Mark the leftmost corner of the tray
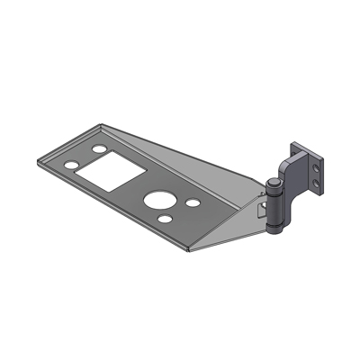click(36, 159)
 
